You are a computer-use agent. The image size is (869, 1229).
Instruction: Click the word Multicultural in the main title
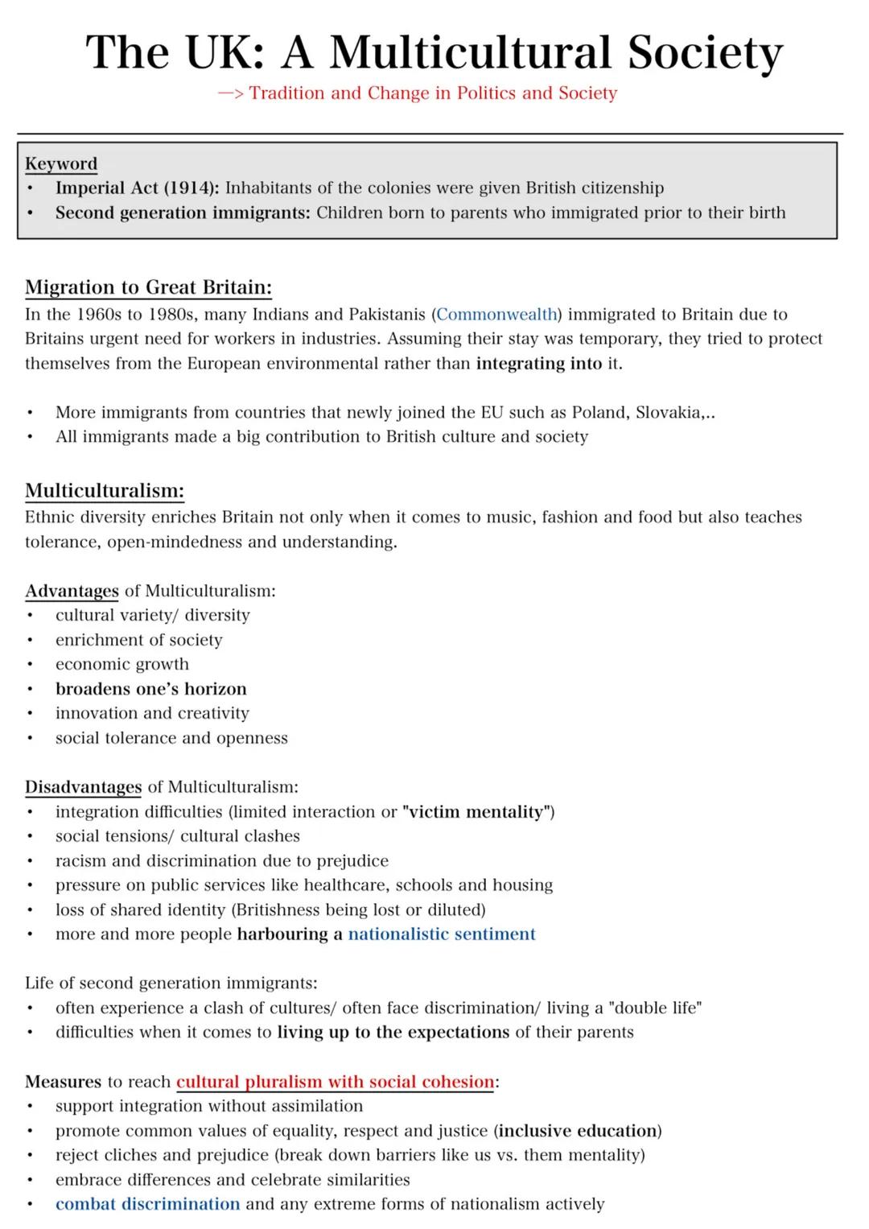471,53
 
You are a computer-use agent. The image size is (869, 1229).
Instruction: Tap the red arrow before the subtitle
230,93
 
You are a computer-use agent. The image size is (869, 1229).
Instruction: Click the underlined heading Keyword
61,163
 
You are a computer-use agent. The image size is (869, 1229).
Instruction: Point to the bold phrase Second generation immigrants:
183,213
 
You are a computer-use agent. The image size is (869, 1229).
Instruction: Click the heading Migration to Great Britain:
148,287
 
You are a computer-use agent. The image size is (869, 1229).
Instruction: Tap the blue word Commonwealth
496,315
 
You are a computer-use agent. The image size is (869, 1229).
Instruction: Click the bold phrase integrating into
538,364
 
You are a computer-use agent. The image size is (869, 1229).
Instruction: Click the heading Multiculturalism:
105,491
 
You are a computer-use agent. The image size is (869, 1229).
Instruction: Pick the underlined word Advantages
72,592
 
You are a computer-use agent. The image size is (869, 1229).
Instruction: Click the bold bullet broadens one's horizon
150,690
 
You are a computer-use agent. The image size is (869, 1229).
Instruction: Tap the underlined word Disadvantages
83,787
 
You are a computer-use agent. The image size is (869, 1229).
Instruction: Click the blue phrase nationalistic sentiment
441,934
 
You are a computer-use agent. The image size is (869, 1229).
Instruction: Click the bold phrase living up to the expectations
393,1033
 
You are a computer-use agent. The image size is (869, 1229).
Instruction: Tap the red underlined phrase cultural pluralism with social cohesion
335,1083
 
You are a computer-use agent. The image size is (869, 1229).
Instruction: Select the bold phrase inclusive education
578,1132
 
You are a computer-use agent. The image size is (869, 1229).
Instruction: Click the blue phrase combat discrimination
147,1205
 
